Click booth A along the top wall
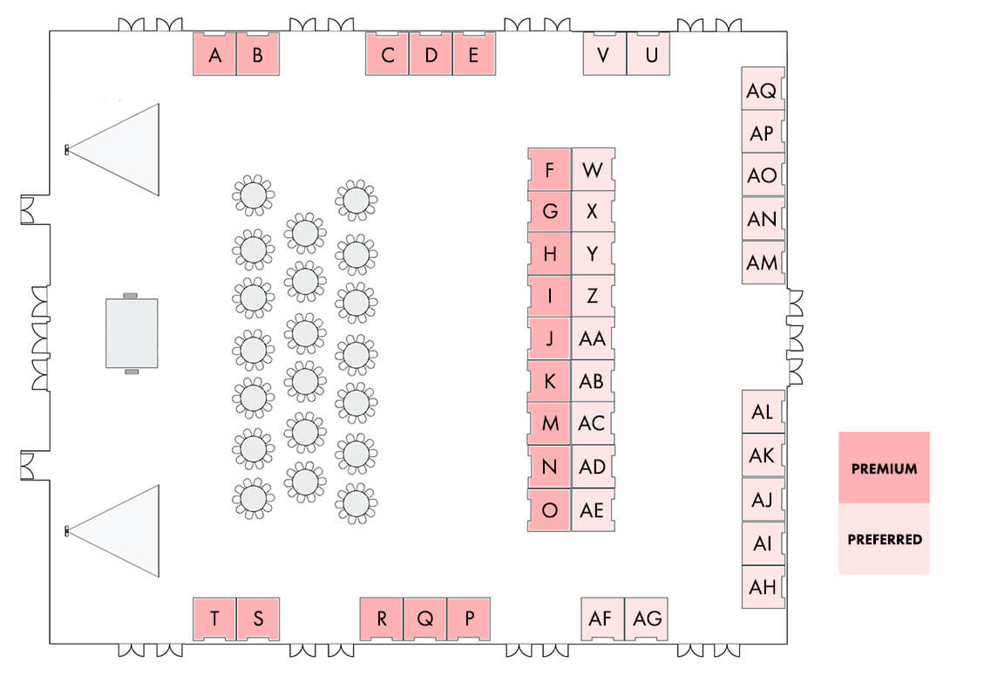[214, 54]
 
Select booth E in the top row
[474, 54]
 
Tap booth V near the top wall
[604, 54]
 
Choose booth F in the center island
[550, 169]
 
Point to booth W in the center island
[593, 169]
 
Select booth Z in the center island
[593, 296]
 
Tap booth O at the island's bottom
[550, 510]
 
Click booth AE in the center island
[593, 510]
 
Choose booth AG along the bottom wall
[647, 618]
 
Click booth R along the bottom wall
[382, 618]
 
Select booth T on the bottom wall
[214, 618]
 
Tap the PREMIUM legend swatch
[884, 468]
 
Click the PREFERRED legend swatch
[884, 538]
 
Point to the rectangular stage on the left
[132, 333]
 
